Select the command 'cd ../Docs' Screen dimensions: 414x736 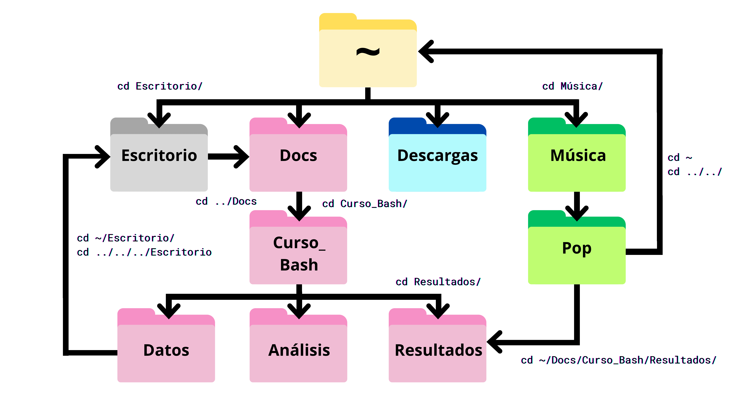click(x=226, y=201)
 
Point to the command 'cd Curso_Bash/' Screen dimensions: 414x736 click(x=365, y=204)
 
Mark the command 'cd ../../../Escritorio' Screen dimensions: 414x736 click(x=144, y=252)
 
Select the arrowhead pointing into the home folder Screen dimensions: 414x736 click(x=426, y=51)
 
